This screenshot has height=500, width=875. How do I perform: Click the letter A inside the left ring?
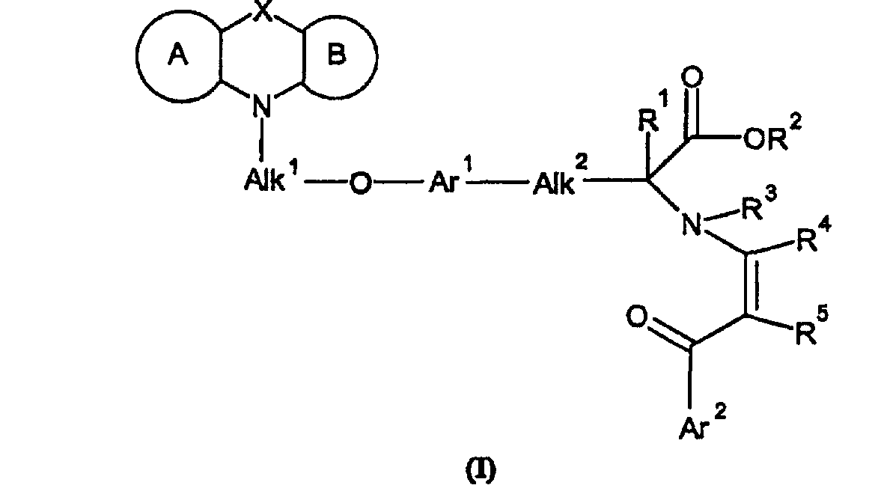click(x=177, y=55)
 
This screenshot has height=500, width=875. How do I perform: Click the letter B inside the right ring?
click(x=337, y=55)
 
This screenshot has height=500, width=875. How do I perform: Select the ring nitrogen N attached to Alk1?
click(x=260, y=106)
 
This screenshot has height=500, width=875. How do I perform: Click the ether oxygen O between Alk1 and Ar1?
click(x=360, y=183)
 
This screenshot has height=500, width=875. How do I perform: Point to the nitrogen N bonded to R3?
click(x=692, y=225)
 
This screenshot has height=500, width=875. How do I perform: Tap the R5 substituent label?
click(x=811, y=328)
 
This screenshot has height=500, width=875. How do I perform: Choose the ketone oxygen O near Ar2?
click(x=636, y=317)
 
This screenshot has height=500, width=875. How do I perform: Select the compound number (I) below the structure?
click(x=481, y=470)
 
